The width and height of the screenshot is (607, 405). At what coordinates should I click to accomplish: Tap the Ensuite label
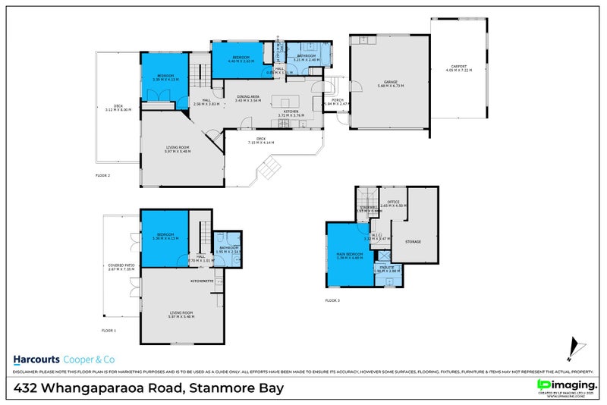click(388, 268)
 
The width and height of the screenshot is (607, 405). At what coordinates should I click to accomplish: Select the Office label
click(394, 202)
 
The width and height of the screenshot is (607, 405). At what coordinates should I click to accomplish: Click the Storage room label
click(413, 242)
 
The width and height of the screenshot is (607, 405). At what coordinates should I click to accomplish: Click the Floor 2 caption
click(103, 175)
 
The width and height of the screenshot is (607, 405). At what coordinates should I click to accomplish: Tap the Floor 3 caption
click(332, 300)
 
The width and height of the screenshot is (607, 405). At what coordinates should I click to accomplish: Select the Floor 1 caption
click(109, 331)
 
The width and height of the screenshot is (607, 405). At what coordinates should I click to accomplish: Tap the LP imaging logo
click(565, 385)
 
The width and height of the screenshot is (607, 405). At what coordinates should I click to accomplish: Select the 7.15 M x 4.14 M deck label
click(260, 140)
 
